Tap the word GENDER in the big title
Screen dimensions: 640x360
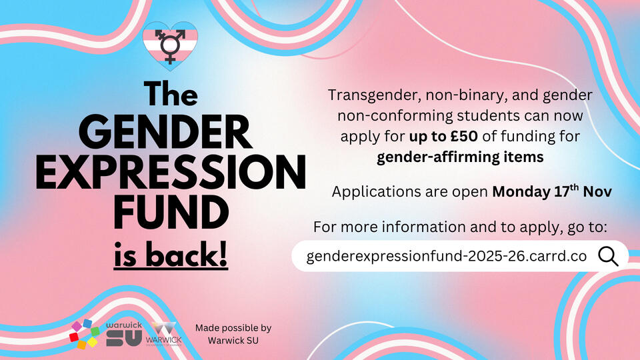(165, 132)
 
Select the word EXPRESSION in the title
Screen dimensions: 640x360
(171, 172)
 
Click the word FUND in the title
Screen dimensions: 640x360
(171, 212)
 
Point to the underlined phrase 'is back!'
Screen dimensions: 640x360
(171, 255)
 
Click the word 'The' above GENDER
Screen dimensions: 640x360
(171, 93)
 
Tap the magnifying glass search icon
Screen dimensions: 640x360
(608, 256)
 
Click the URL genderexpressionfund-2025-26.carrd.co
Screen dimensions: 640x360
(447, 256)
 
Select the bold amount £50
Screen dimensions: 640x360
(464, 136)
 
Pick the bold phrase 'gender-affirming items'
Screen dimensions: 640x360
(460, 157)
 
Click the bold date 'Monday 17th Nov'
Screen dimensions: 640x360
(552, 191)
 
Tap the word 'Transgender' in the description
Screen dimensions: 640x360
(374, 95)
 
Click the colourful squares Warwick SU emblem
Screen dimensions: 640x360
(85, 334)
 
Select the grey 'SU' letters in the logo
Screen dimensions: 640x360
(124, 339)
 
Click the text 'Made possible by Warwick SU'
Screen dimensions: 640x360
(233, 334)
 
